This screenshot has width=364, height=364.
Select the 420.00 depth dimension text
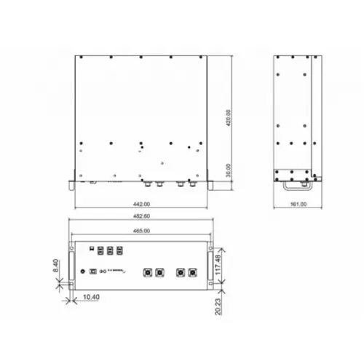click(x=228, y=117)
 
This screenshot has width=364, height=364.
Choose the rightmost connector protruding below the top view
click(x=192, y=183)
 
